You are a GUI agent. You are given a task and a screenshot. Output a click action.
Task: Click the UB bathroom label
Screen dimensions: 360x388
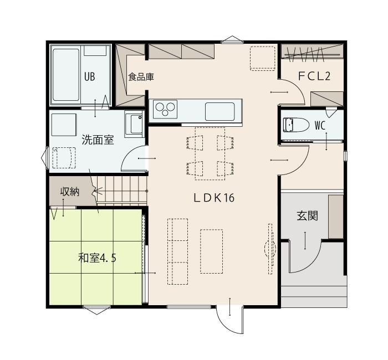(89, 77)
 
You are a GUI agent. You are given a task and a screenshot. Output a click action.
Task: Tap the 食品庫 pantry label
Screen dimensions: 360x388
(141, 77)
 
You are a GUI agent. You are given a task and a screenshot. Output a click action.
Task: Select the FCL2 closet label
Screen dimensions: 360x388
(314, 76)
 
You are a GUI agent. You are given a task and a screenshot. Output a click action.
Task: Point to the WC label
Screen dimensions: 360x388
(320, 126)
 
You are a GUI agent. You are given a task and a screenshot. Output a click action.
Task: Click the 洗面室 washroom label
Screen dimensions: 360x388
(98, 140)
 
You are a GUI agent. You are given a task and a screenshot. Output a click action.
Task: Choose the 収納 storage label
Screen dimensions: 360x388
(70, 192)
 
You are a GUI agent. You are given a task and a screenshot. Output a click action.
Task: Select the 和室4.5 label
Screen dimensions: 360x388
(97, 258)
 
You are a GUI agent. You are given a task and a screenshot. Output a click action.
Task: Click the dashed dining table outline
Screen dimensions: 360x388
(210, 154)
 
